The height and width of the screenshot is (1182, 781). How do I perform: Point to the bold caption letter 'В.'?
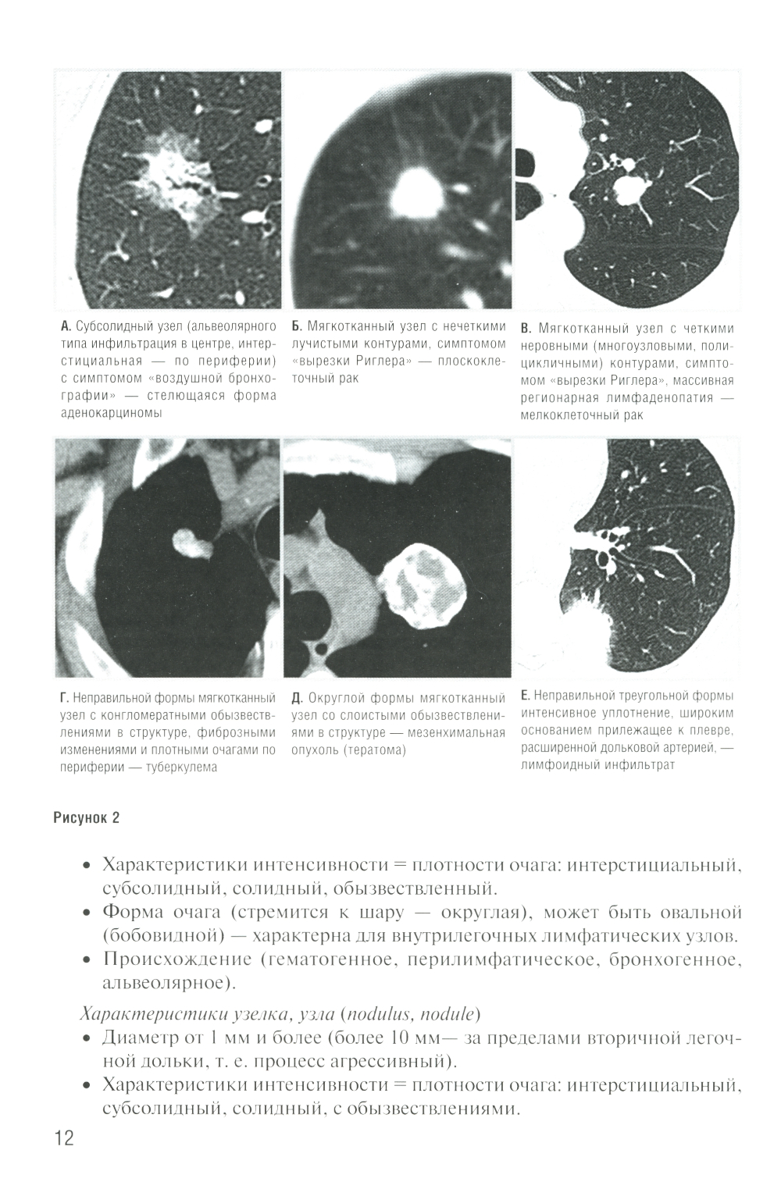tap(525, 329)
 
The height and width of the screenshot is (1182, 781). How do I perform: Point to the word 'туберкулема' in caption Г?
tap(180, 767)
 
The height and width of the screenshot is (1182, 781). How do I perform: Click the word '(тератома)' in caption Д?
tap(378, 750)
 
